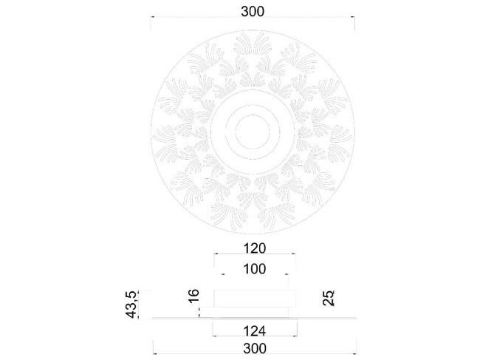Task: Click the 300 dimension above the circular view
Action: pyautogui.click(x=253, y=11)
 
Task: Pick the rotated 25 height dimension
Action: pyautogui.click(x=329, y=298)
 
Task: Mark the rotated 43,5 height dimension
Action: pyautogui.click(x=131, y=305)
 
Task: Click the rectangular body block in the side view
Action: pyautogui.click(x=255, y=299)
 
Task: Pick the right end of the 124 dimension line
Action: pyautogui.click(x=297, y=336)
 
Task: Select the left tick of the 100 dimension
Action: pyautogui.click(x=222, y=276)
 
